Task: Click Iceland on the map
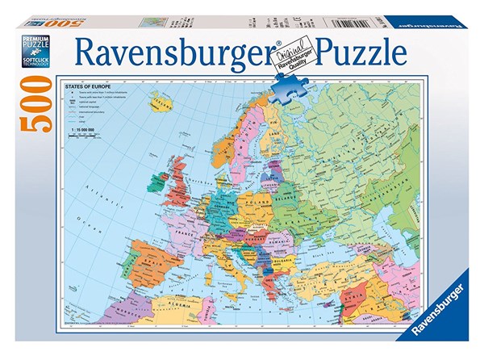point(161,105)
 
